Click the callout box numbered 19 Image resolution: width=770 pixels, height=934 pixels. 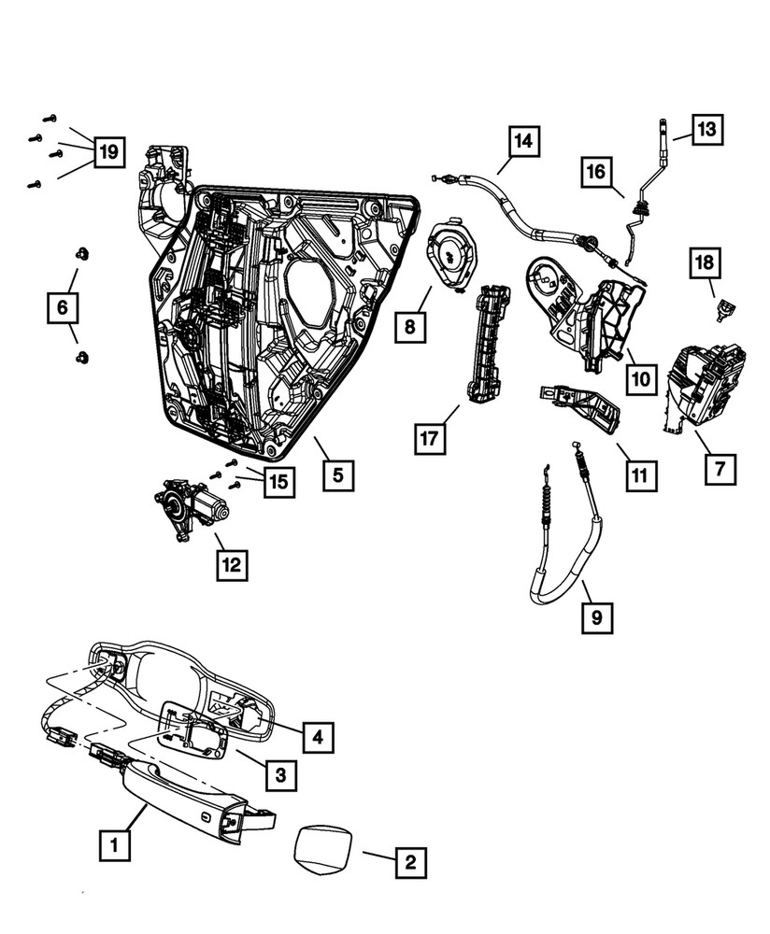[109, 151]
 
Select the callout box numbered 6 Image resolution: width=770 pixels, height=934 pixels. [63, 306]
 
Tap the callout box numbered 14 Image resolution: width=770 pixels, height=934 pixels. [524, 142]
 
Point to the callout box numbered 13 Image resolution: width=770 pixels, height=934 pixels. [707, 129]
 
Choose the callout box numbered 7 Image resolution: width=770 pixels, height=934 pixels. [720, 468]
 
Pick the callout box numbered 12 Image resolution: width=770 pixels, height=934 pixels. [233, 564]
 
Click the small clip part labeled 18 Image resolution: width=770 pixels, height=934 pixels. [722, 309]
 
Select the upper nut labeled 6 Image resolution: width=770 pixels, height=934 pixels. [82, 253]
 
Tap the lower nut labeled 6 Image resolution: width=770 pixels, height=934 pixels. [82, 357]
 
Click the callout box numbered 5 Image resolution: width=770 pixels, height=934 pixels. [338, 475]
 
